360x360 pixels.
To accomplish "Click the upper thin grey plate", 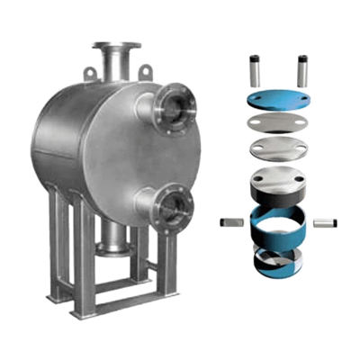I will [x=279, y=123].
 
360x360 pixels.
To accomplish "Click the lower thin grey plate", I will [x=279, y=146].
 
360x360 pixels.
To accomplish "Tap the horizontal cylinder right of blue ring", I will [x=329, y=220].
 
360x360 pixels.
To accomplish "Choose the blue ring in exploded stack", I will [x=279, y=222].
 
